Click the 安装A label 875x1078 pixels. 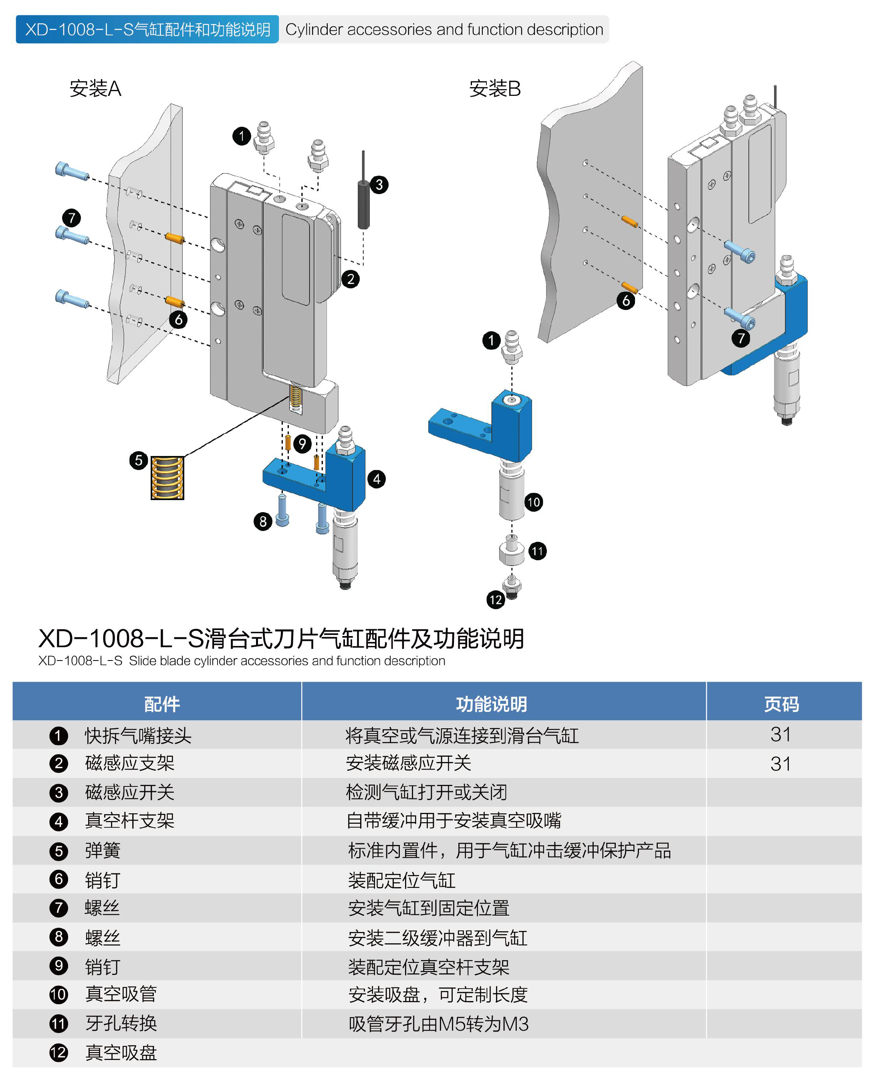tap(95, 89)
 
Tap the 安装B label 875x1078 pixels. tap(494, 89)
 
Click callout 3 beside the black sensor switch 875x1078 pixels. tap(379, 184)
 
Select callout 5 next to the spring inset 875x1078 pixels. tap(139, 460)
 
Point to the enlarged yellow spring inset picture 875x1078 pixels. tap(167, 478)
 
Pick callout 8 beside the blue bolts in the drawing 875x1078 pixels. tap(262, 521)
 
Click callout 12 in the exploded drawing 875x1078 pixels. tap(496, 600)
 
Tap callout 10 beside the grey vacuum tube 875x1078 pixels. tap(533, 502)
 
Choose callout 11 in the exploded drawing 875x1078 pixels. tap(537, 551)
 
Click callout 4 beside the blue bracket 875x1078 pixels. tap(377, 479)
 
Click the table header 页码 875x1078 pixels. tap(781, 704)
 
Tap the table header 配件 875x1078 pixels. tap(162, 704)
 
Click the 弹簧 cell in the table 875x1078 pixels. tap(103, 851)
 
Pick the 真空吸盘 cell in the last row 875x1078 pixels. tap(121, 1053)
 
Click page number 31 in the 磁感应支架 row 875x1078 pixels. tap(780, 764)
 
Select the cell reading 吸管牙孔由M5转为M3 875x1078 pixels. tap(439, 1024)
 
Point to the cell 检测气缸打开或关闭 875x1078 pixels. tap(426, 792)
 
